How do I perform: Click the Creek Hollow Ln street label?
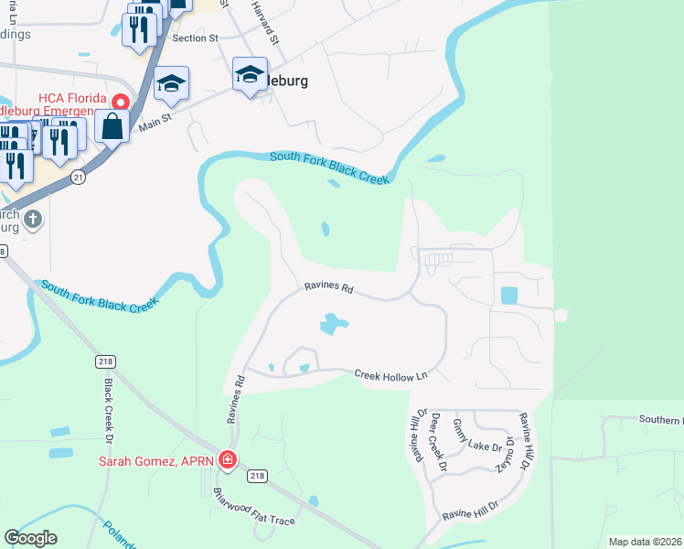point(390,375)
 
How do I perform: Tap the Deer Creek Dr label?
point(438,441)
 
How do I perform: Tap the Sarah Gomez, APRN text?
point(156,460)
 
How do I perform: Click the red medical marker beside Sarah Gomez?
point(228,460)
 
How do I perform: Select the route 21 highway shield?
point(80,178)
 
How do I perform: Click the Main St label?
point(155,122)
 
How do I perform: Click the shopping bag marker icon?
point(112,126)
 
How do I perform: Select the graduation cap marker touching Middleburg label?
point(249,76)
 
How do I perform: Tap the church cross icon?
point(33,219)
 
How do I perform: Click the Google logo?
point(30,538)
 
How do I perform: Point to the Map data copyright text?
point(644,542)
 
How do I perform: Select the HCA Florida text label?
point(71,99)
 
